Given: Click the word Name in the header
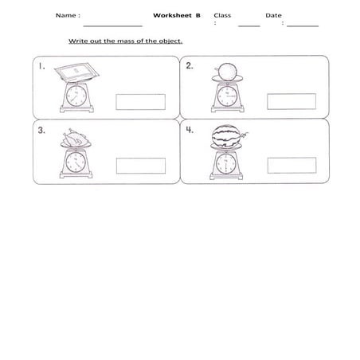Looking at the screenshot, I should point(67,15).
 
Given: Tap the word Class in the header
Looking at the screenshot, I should point(222,15).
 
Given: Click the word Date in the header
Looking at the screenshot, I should point(273,15).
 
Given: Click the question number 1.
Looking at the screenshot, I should point(41,68).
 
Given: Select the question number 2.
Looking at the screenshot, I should point(190,67).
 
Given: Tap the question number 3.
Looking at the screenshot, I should point(41,131).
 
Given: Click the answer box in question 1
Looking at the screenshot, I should point(140,101).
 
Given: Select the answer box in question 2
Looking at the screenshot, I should point(290,101).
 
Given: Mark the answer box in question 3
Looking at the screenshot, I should point(140,166).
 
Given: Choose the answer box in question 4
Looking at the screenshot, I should point(290,166).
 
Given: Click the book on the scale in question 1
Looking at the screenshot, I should point(77,72).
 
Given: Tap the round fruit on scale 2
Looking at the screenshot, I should point(226,71).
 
